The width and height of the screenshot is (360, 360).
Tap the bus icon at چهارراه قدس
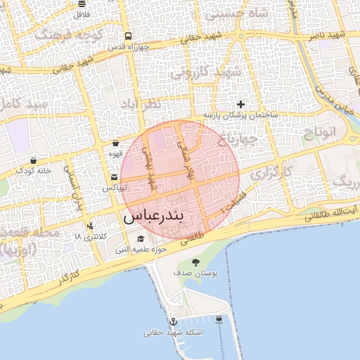click(x=127, y=37)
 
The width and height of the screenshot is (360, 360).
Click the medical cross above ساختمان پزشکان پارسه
click(x=241, y=104)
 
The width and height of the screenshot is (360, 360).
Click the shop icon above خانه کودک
click(x=34, y=160)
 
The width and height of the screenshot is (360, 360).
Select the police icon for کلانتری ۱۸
click(x=90, y=226)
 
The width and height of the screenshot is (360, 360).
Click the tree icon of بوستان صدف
click(x=195, y=262)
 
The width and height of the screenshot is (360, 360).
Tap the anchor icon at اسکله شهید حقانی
click(x=174, y=321)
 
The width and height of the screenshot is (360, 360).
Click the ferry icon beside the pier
click(x=219, y=319)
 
